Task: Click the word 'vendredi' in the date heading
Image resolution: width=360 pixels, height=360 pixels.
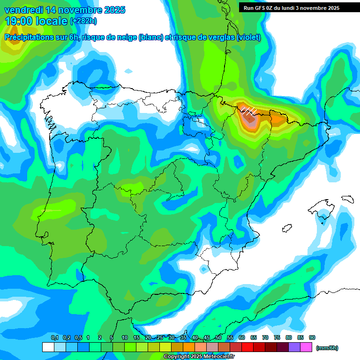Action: click(23, 10)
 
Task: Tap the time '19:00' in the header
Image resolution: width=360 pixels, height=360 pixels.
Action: click(19, 21)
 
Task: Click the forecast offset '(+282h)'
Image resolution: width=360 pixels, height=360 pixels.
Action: click(83, 21)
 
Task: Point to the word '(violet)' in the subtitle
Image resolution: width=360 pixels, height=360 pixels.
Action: click(248, 37)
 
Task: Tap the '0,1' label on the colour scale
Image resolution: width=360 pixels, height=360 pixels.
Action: click(54, 338)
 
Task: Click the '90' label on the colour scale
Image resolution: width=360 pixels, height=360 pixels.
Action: click(312, 338)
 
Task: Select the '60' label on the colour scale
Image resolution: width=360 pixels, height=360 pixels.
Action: click(242, 338)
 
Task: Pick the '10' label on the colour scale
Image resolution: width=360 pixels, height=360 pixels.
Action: click(125, 338)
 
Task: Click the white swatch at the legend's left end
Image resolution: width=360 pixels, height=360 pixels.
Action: click(48, 347)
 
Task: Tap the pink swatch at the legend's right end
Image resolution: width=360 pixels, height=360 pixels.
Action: click(306, 347)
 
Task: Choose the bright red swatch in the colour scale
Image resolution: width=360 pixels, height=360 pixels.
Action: click(247, 347)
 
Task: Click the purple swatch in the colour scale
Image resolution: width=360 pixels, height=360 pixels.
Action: click(294, 347)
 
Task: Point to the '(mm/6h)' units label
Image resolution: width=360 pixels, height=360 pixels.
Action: click(327, 348)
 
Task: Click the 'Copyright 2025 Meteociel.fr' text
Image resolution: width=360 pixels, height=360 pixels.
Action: click(199, 357)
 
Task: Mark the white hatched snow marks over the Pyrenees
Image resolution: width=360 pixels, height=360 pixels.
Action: click(248, 111)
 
